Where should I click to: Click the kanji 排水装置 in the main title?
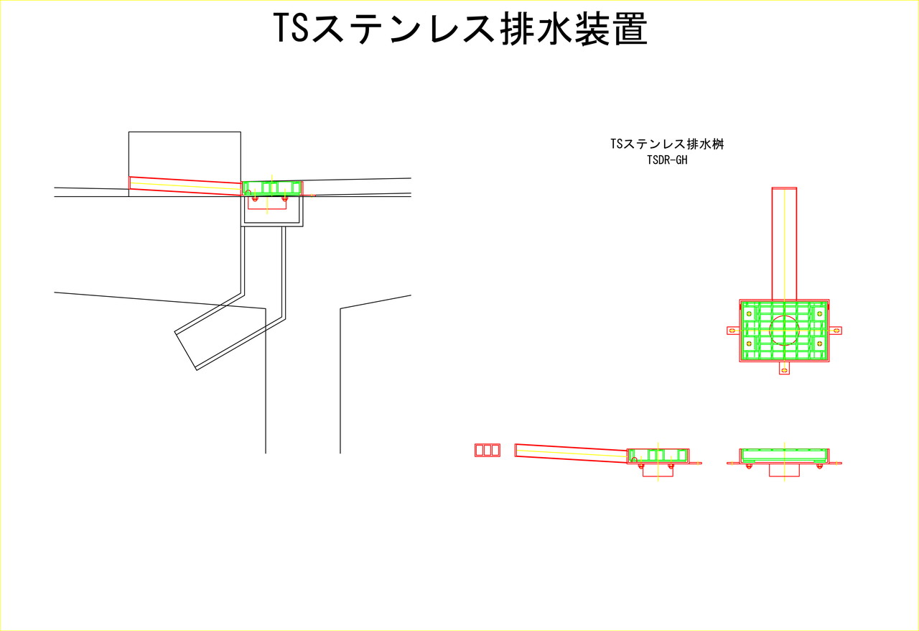coord(574,28)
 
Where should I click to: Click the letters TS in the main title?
coord(291,28)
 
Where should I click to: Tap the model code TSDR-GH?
coord(667,160)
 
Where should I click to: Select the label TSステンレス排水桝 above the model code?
coord(667,144)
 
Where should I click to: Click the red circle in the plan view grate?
coord(785,331)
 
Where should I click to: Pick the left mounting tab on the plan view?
coord(733,331)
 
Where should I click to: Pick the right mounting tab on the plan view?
coord(836,331)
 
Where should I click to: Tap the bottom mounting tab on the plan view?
coord(785,368)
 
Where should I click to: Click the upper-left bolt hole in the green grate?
coord(749,314)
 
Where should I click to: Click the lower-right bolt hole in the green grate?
coord(820,344)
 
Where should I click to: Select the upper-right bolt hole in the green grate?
coord(820,314)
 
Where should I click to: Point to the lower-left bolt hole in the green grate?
coord(749,344)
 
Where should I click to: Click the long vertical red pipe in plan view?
coord(785,244)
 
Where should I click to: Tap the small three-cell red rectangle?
coord(488,450)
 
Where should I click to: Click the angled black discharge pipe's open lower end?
coord(186,351)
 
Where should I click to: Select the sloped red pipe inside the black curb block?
coord(186,186)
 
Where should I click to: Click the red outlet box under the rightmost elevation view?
coord(785,470)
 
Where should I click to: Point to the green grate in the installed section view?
coord(272,188)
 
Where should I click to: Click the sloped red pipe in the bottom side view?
coord(572,453)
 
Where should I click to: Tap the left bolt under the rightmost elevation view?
coord(749,466)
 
